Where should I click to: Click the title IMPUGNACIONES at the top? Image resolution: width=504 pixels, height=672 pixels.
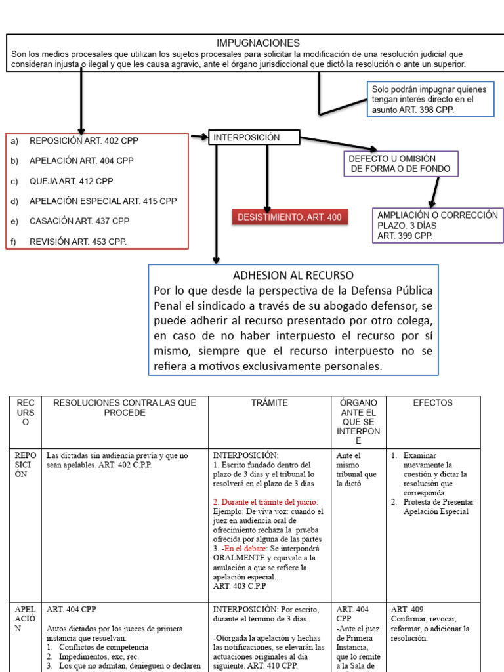coord(258,43)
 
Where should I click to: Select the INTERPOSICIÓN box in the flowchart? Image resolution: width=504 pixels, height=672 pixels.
coord(254,137)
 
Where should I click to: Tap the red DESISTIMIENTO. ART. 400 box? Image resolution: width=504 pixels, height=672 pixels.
coord(289,217)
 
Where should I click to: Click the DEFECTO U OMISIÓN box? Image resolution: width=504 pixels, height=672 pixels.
coord(400,164)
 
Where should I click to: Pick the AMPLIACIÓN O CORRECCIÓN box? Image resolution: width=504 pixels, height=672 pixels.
coord(437,225)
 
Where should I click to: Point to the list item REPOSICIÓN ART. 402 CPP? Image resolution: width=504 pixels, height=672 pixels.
coord(84,140)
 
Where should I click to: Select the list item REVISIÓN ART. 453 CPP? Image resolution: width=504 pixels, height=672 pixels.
coord(78,241)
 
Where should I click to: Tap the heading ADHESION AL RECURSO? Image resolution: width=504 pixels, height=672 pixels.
coord(293,275)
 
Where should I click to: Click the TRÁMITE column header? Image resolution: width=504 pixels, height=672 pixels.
coord(270,403)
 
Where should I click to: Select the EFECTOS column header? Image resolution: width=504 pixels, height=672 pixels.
coord(432,403)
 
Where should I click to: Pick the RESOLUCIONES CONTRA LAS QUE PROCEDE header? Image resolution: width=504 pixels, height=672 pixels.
coord(124,408)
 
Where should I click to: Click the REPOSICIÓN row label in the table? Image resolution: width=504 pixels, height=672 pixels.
coord(26,465)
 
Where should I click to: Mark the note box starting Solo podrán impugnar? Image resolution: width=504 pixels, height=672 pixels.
coord(430,99)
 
